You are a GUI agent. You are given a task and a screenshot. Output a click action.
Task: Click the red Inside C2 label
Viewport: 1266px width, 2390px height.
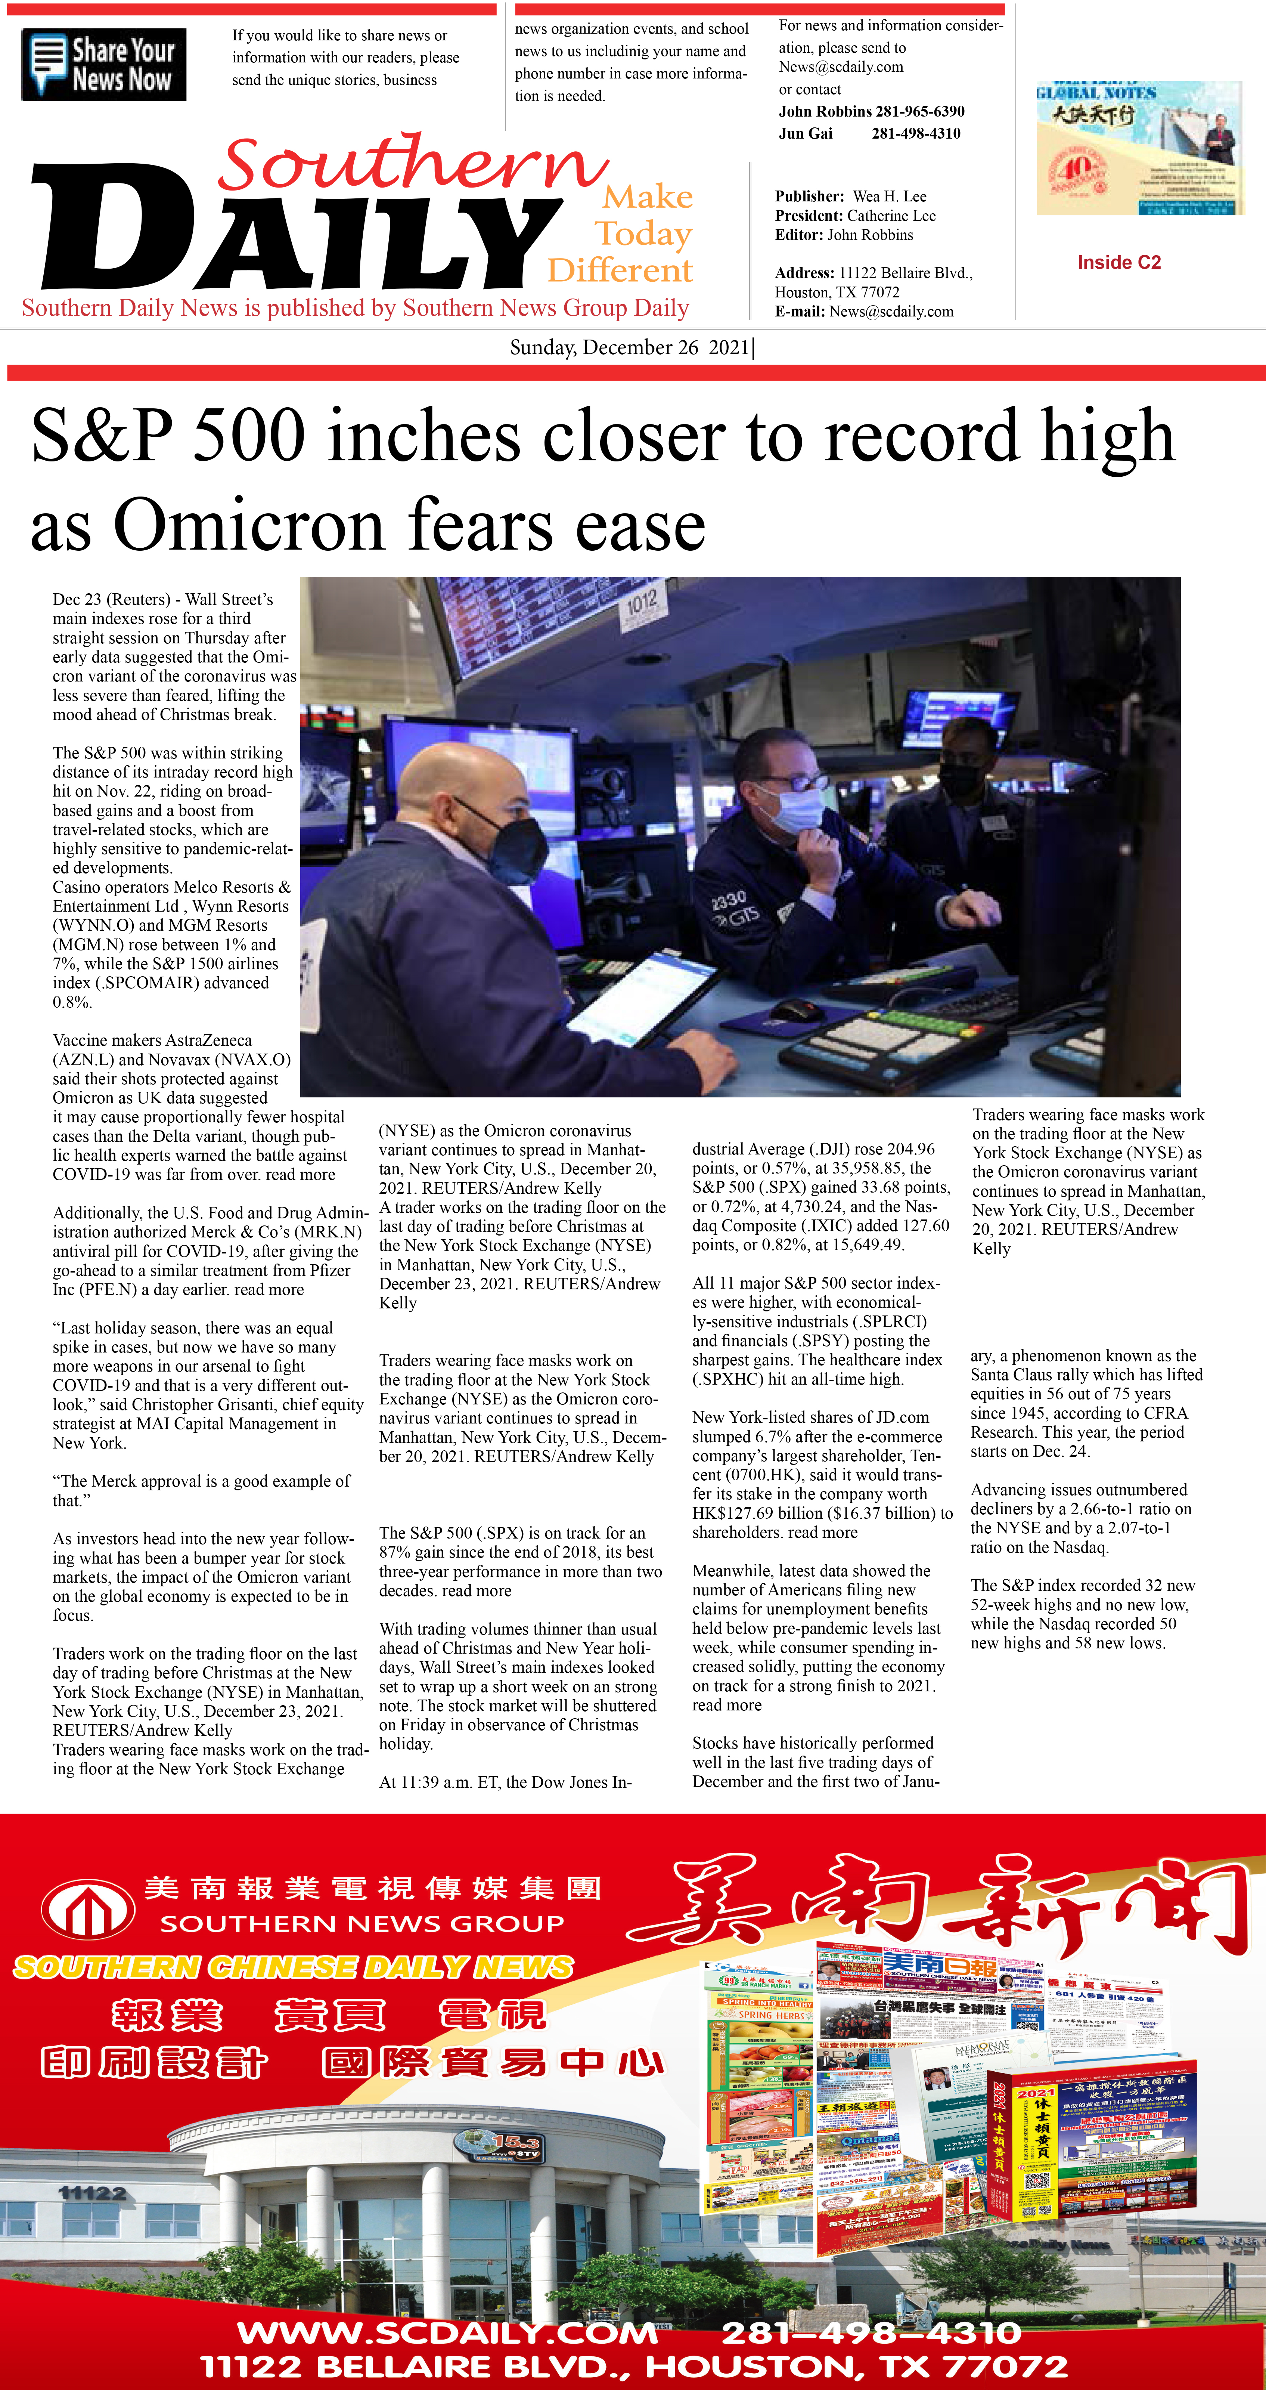pyautogui.click(x=1118, y=263)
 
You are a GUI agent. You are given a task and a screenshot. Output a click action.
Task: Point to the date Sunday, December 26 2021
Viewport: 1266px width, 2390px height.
pyautogui.click(x=631, y=348)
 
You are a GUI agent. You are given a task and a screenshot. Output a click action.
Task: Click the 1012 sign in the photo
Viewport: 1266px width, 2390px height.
pyautogui.click(x=642, y=603)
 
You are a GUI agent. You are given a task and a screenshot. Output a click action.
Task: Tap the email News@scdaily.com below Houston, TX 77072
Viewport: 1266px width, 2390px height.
pyautogui.click(x=890, y=312)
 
